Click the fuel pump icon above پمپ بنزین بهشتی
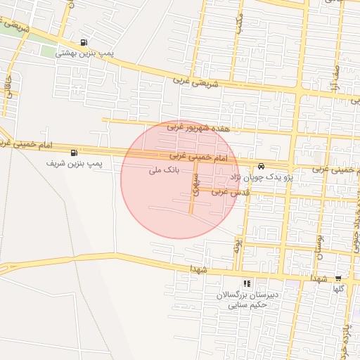click(x=85, y=42)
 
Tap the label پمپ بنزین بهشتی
click(x=84, y=53)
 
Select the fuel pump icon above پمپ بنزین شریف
click(x=74, y=153)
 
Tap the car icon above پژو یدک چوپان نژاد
click(x=262, y=167)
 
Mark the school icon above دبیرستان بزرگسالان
click(x=247, y=283)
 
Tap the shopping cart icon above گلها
click(x=338, y=278)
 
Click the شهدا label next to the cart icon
click(x=324, y=278)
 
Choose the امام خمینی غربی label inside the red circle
click(x=198, y=156)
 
